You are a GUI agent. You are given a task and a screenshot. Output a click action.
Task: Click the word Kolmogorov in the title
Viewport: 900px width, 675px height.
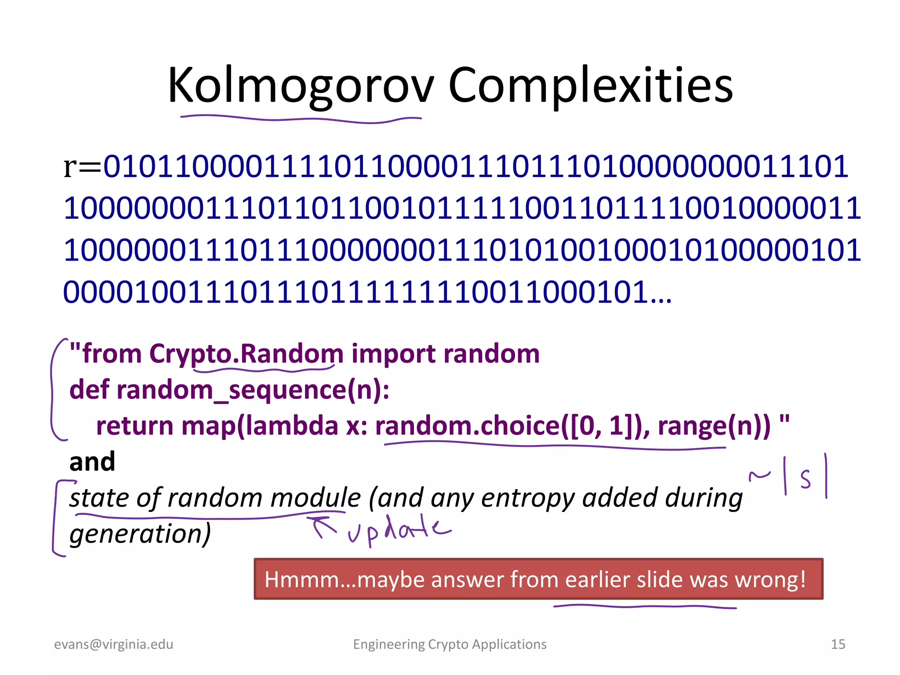point(301,85)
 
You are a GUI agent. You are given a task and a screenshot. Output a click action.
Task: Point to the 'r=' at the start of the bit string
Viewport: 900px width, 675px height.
point(83,167)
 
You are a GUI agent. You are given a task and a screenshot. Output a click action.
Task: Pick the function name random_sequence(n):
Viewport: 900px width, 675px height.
point(253,390)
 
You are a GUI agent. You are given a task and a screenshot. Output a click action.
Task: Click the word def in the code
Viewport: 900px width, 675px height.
point(89,390)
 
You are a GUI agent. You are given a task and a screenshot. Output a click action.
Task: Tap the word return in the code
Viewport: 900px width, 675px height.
point(135,426)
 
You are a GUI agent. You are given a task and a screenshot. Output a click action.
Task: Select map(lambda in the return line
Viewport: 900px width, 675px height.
point(260,426)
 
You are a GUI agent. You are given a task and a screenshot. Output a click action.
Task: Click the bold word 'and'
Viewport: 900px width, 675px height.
point(92,462)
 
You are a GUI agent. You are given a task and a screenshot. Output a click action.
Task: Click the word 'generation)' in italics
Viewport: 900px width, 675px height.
point(140,534)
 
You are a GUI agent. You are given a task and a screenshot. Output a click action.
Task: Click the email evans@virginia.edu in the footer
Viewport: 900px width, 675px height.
point(114,644)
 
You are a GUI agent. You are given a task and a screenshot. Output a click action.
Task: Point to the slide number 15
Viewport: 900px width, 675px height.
point(838,644)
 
